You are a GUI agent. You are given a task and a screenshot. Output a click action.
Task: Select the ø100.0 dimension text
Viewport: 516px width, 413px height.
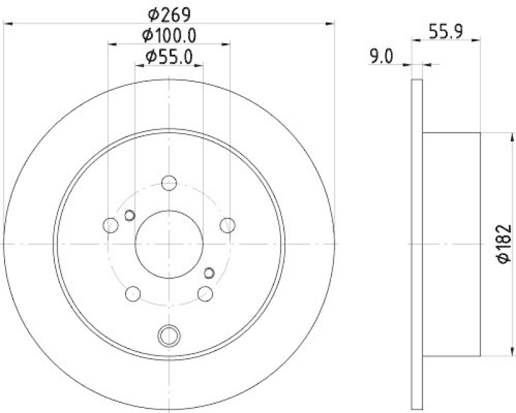click(169, 34)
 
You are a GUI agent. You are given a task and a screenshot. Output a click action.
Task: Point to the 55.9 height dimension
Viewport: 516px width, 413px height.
click(445, 30)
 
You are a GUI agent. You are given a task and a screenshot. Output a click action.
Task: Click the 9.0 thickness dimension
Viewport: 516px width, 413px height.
click(381, 57)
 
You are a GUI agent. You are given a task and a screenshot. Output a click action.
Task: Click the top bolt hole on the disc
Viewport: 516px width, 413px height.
click(170, 182)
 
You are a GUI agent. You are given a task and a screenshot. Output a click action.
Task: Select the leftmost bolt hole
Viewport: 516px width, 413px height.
click(111, 225)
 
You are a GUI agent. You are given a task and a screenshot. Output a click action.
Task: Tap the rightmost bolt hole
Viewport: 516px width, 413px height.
click(227, 225)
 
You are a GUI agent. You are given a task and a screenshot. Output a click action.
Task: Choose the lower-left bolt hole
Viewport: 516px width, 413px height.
click(133, 294)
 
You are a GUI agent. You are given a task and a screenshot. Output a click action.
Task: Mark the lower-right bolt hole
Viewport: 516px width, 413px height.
click(206, 294)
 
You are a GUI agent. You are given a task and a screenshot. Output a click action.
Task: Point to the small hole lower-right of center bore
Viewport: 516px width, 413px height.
click(208, 271)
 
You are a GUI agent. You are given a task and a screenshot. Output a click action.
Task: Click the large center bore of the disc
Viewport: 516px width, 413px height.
click(170, 243)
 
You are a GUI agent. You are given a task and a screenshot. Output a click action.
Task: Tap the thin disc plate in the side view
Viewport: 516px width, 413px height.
click(417, 244)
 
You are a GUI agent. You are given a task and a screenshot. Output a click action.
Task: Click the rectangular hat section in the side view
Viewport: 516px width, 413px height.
click(451, 244)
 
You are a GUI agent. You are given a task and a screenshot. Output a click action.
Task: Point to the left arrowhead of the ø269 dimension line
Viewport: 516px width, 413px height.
click(8, 24)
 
